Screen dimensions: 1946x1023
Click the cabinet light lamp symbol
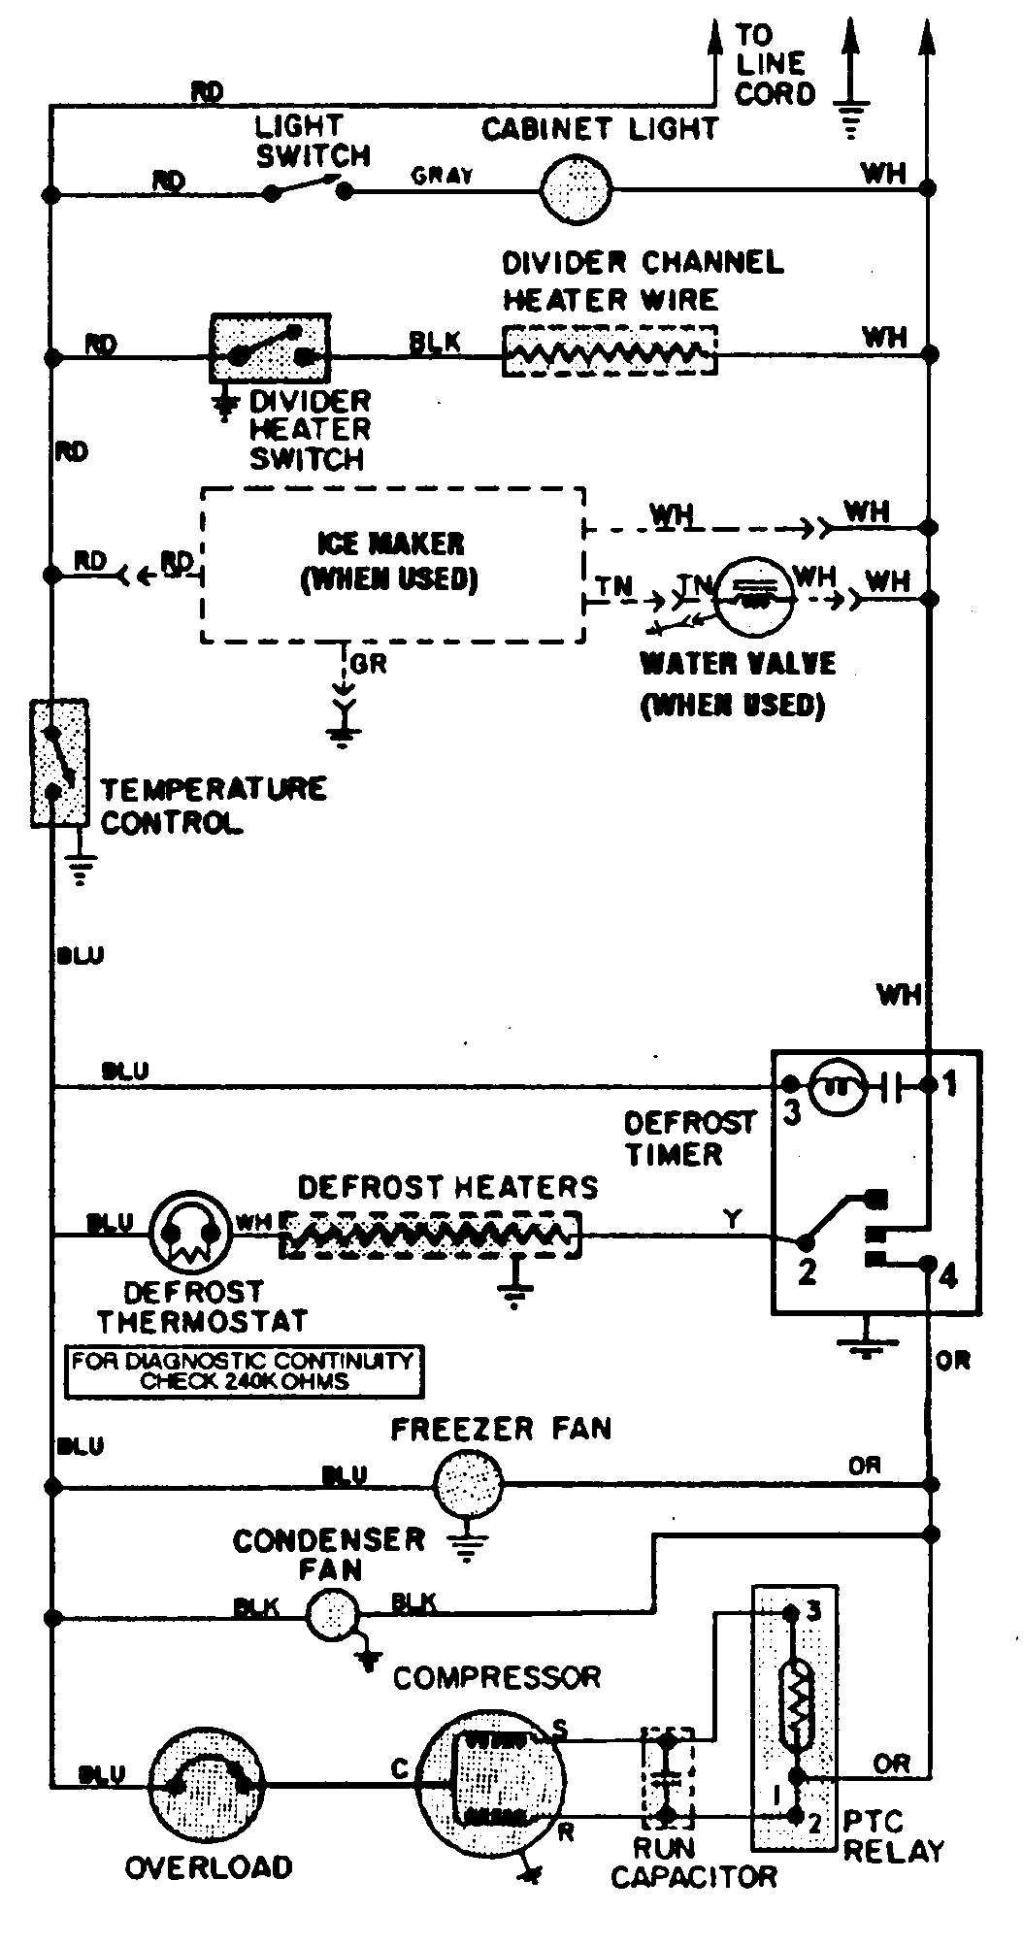(575, 190)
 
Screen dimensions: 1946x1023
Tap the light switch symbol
(308, 187)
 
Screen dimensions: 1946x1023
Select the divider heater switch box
(270, 348)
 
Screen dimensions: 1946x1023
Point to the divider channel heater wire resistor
(610, 351)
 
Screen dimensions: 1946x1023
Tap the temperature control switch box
(59, 762)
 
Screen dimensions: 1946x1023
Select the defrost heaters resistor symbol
(431, 1235)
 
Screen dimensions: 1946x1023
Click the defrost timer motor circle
(836, 1086)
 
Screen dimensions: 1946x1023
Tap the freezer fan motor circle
(468, 1484)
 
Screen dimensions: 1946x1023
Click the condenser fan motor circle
(333, 1616)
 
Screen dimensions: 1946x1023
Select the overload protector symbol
(208, 1782)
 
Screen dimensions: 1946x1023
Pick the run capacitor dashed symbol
(667, 1778)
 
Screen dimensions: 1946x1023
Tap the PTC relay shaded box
(795, 1718)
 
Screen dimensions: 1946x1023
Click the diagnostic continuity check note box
(244, 1371)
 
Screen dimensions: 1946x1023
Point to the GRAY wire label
(442, 176)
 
